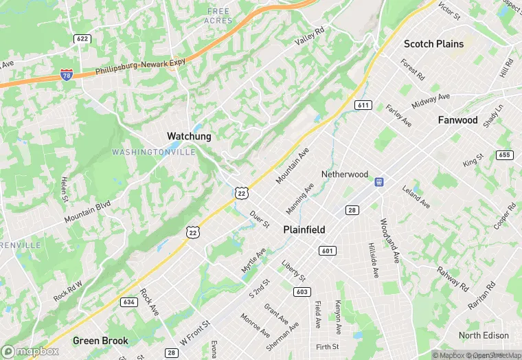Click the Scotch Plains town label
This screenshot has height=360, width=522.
coord(433,44)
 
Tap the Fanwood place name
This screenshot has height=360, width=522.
coord(457,120)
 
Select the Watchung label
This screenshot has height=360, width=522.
coord(189,136)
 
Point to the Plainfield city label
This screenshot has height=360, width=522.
coord(304,229)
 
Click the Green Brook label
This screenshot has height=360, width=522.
coord(100,341)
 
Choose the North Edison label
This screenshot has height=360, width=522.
coord(484,335)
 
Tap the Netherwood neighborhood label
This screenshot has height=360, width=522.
coord(345,175)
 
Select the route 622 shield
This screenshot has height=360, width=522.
coord(82,39)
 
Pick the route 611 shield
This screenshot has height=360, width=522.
coord(363,105)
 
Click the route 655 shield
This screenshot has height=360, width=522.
coord(505,155)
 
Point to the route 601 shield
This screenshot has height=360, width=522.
coord(327,251)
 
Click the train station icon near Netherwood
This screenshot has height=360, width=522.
coord(378,182)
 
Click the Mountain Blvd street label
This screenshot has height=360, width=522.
coord(87,212)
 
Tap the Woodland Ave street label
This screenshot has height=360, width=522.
coord(389,241)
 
